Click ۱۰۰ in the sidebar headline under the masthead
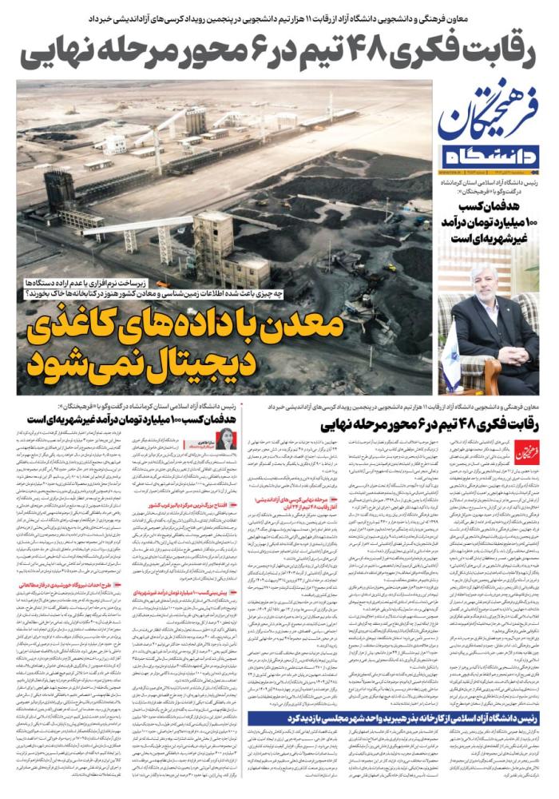[x=530, y=220]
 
